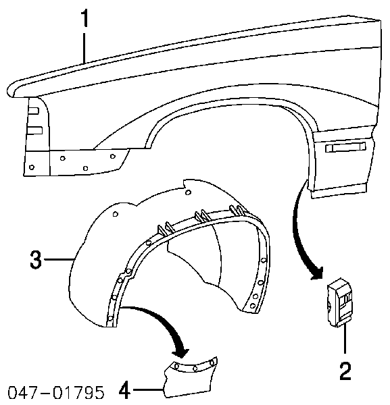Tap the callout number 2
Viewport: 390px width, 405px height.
click(345, 371)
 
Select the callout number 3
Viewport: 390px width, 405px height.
click(36, 260)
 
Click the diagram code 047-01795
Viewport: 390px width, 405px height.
click(56, 393)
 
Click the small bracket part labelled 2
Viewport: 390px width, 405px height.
click(339, 302)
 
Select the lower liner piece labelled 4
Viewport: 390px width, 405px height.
click(191, 378)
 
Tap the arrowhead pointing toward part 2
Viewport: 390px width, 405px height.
click(317, 273)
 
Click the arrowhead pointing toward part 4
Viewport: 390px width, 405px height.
click(181, 351)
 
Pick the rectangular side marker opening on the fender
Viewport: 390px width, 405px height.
click(345, 147)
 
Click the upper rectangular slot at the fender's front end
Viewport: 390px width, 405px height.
click(33, 111)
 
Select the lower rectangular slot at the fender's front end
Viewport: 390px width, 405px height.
click(34, 130)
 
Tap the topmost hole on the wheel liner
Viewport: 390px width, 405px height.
click(189, 192)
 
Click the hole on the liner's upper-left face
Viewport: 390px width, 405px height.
click(116, 214)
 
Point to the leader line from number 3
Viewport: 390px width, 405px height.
click(58, 259)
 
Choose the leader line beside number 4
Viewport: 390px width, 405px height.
click(147, 389)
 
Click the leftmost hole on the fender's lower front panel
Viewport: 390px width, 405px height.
click(32, 167)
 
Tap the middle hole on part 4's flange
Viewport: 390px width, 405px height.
click(195, 369)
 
